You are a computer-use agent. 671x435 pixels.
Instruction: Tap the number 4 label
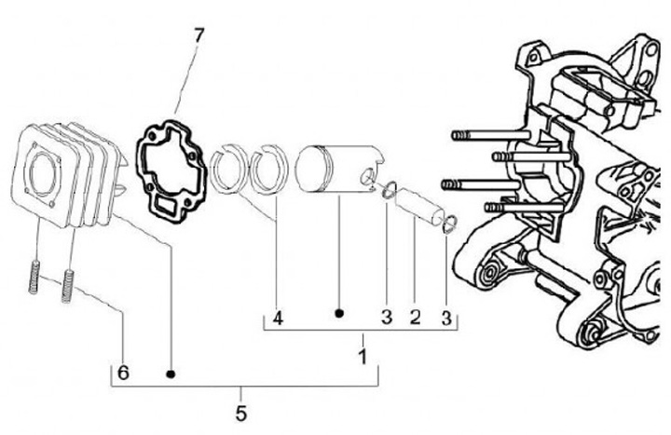(x=277, y=318)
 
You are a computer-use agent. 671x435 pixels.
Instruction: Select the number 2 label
(x=415, y=318)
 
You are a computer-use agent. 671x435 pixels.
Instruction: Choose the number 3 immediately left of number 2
(x=386, y=318)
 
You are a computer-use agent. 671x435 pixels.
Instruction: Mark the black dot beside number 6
(x=171, y=374)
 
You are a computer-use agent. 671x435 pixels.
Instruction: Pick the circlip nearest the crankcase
(x=449, y=222)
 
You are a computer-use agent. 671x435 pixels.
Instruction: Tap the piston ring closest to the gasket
(x=226, y=168)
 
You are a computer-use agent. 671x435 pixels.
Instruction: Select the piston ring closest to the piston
(x=271, y=168)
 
